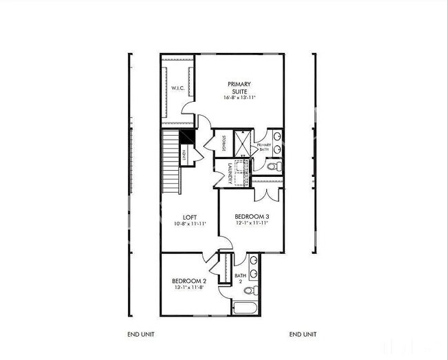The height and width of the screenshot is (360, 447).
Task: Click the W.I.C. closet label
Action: click(176, 89)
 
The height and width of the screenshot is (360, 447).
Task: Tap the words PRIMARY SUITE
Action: click(239, 87)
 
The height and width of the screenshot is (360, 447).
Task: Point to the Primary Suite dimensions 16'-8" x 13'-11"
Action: click(239, 98)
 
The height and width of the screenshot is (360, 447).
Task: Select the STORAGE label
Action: click(224, 144)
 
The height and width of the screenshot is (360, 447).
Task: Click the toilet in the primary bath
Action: click(272, 166)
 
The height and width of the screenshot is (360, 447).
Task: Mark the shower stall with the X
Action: click(242, 142)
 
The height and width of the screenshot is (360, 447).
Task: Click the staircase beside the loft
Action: click(170, 162)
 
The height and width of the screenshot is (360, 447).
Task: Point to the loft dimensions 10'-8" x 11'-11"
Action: click(190, 224)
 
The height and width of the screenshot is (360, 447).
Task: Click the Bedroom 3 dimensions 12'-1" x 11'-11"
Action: click(252, 223)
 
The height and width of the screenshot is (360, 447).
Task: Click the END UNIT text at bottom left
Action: click(142, 335)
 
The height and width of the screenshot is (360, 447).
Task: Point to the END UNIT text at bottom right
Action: click(303, 335)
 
